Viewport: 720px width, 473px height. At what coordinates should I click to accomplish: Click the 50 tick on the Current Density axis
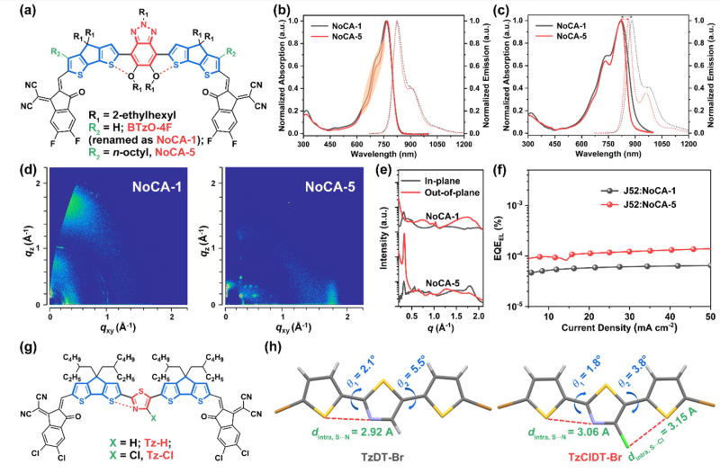coord(710,316)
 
